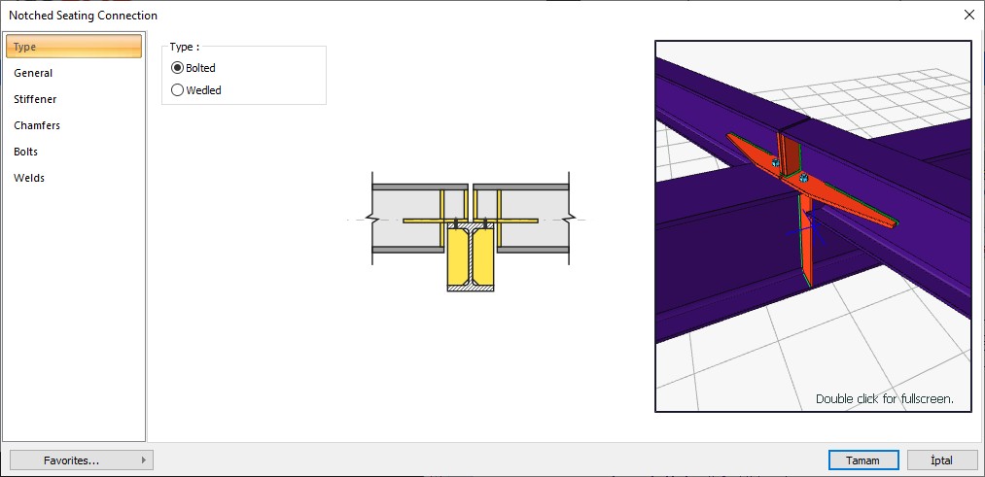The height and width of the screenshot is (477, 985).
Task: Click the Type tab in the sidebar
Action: coord(74,47)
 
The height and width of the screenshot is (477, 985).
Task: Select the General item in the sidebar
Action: coord(33,73)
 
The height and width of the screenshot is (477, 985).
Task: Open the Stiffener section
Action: coord(35,99)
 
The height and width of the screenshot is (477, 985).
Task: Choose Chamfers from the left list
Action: coord(37,125)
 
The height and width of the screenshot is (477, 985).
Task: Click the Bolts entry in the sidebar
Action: coord(25,152)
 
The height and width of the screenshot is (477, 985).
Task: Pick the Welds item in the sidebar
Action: coord(29,178)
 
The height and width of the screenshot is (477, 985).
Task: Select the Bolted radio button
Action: coord(177,68)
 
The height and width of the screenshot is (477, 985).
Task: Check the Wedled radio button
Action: coord(177,90)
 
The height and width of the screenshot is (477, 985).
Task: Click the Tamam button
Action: coord(863,460)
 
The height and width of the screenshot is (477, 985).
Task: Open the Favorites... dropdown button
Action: coord(82,460)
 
